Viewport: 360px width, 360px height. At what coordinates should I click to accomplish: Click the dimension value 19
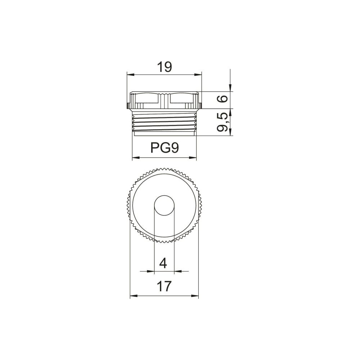[165, 67]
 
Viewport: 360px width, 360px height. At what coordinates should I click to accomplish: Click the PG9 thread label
[165, 148]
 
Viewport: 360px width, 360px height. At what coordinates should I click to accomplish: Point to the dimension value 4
[163, 263]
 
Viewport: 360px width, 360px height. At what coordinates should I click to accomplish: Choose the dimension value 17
[164, 286]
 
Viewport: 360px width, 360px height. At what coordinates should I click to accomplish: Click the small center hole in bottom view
[165, 206]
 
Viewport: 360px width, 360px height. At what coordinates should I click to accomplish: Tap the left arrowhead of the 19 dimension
[130, 75]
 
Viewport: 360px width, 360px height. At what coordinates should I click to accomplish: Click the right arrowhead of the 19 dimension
[198, 75]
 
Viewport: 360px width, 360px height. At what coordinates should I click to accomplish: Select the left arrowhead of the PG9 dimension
[136, 158]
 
